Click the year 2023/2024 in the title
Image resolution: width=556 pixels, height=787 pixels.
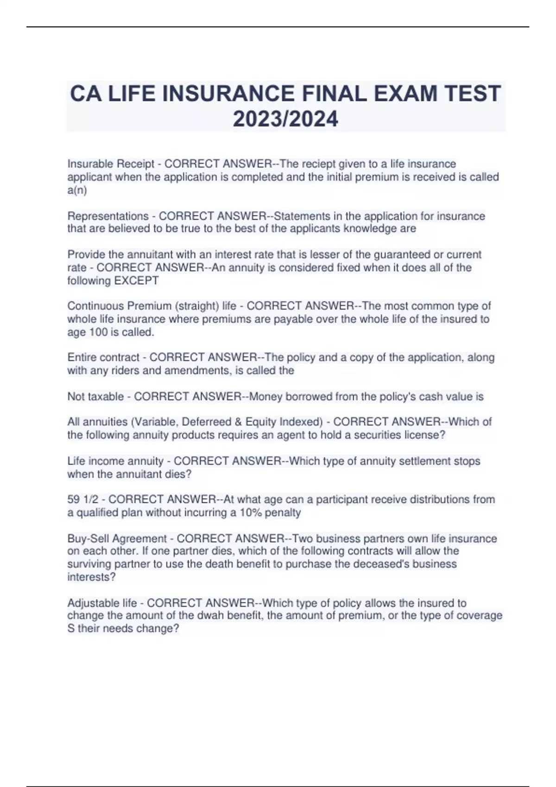point(285,119)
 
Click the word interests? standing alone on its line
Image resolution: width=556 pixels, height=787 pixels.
point(91,577)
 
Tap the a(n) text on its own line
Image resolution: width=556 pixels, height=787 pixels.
point(77,190)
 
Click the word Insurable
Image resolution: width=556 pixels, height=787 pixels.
point(90,164)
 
